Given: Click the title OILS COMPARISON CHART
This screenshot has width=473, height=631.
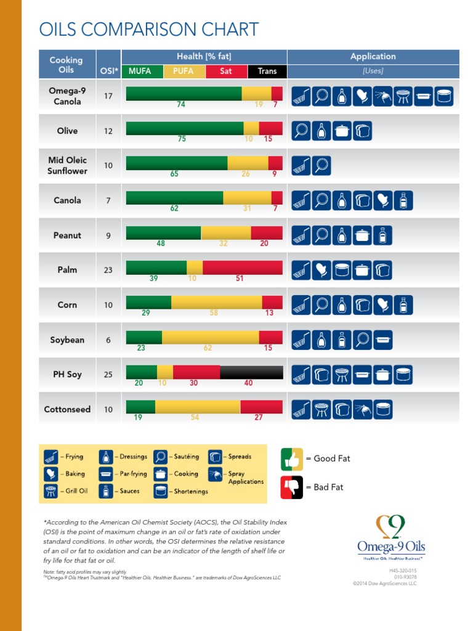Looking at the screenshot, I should point(148,29).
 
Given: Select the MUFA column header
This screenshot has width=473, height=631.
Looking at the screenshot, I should point(140,71).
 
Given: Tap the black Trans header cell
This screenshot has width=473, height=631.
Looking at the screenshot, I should point(267,71).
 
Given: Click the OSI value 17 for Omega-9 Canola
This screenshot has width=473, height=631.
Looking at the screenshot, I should point(108,96).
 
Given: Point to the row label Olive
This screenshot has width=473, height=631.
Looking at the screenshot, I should point(67,131).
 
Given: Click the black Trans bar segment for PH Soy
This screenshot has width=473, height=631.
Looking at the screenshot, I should point(251,372).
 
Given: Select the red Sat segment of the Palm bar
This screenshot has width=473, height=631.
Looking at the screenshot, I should point(242,267).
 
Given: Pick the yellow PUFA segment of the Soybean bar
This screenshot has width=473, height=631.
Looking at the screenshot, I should point(210,337).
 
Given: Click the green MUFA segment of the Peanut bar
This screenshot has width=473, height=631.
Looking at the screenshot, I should point(163,233).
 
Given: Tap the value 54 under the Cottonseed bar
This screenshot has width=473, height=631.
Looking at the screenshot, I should point(195,417).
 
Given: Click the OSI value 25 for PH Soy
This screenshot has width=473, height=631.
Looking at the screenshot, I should point(108,374).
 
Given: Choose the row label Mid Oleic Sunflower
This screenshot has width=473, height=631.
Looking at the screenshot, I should point(67,165).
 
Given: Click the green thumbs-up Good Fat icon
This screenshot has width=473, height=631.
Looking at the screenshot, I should point(291,458).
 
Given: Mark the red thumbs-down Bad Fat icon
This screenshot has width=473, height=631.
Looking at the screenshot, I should point(291,487).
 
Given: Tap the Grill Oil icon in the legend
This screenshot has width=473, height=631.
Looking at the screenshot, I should point(51,491).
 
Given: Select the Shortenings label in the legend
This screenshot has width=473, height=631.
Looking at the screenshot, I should point(191,491).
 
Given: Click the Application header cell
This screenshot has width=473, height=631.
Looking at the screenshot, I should point(373,57).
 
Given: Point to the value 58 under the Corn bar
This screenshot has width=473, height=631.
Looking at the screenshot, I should point(214,313).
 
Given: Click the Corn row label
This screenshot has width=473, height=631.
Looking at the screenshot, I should point(67,304).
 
